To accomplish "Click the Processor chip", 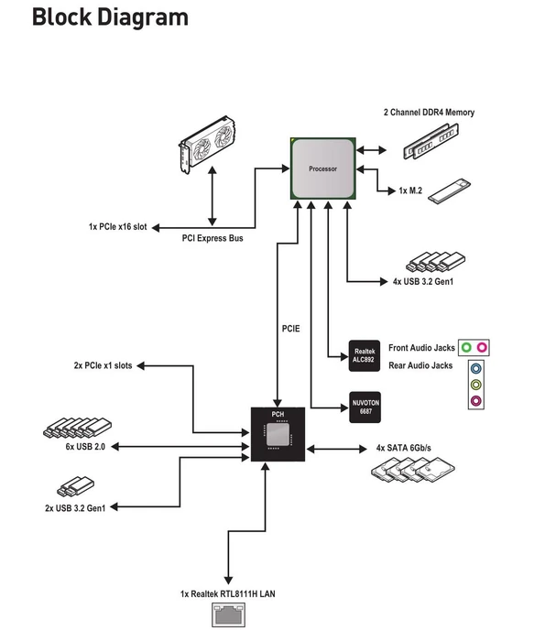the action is click(323, 168).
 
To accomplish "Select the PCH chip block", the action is click(278, 434).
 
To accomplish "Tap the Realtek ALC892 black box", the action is click(365, 355).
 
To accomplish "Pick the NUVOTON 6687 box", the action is click(365, 407).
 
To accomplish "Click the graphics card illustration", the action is click(208, 144).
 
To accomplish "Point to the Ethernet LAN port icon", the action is click(229, 614).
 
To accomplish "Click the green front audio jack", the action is click(466, 347).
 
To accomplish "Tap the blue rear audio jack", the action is click(476, 369).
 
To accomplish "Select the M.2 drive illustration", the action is click(450, 190).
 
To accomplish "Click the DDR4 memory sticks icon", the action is click(431, 141).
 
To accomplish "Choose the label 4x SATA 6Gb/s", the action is click(404, 448).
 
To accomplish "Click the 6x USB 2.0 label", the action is click(85, 447).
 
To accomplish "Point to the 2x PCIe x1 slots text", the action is click(103, 365).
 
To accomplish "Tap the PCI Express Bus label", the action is click(213, 238).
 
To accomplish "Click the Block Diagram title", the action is click(111, 17).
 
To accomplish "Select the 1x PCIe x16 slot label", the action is click(118, 226).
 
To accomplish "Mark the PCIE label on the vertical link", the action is click(290, 329).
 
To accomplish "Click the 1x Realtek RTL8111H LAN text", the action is click(228, 593).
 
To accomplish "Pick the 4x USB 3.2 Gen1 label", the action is click(423, 281).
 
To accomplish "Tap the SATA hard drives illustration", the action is click(413, 470).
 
